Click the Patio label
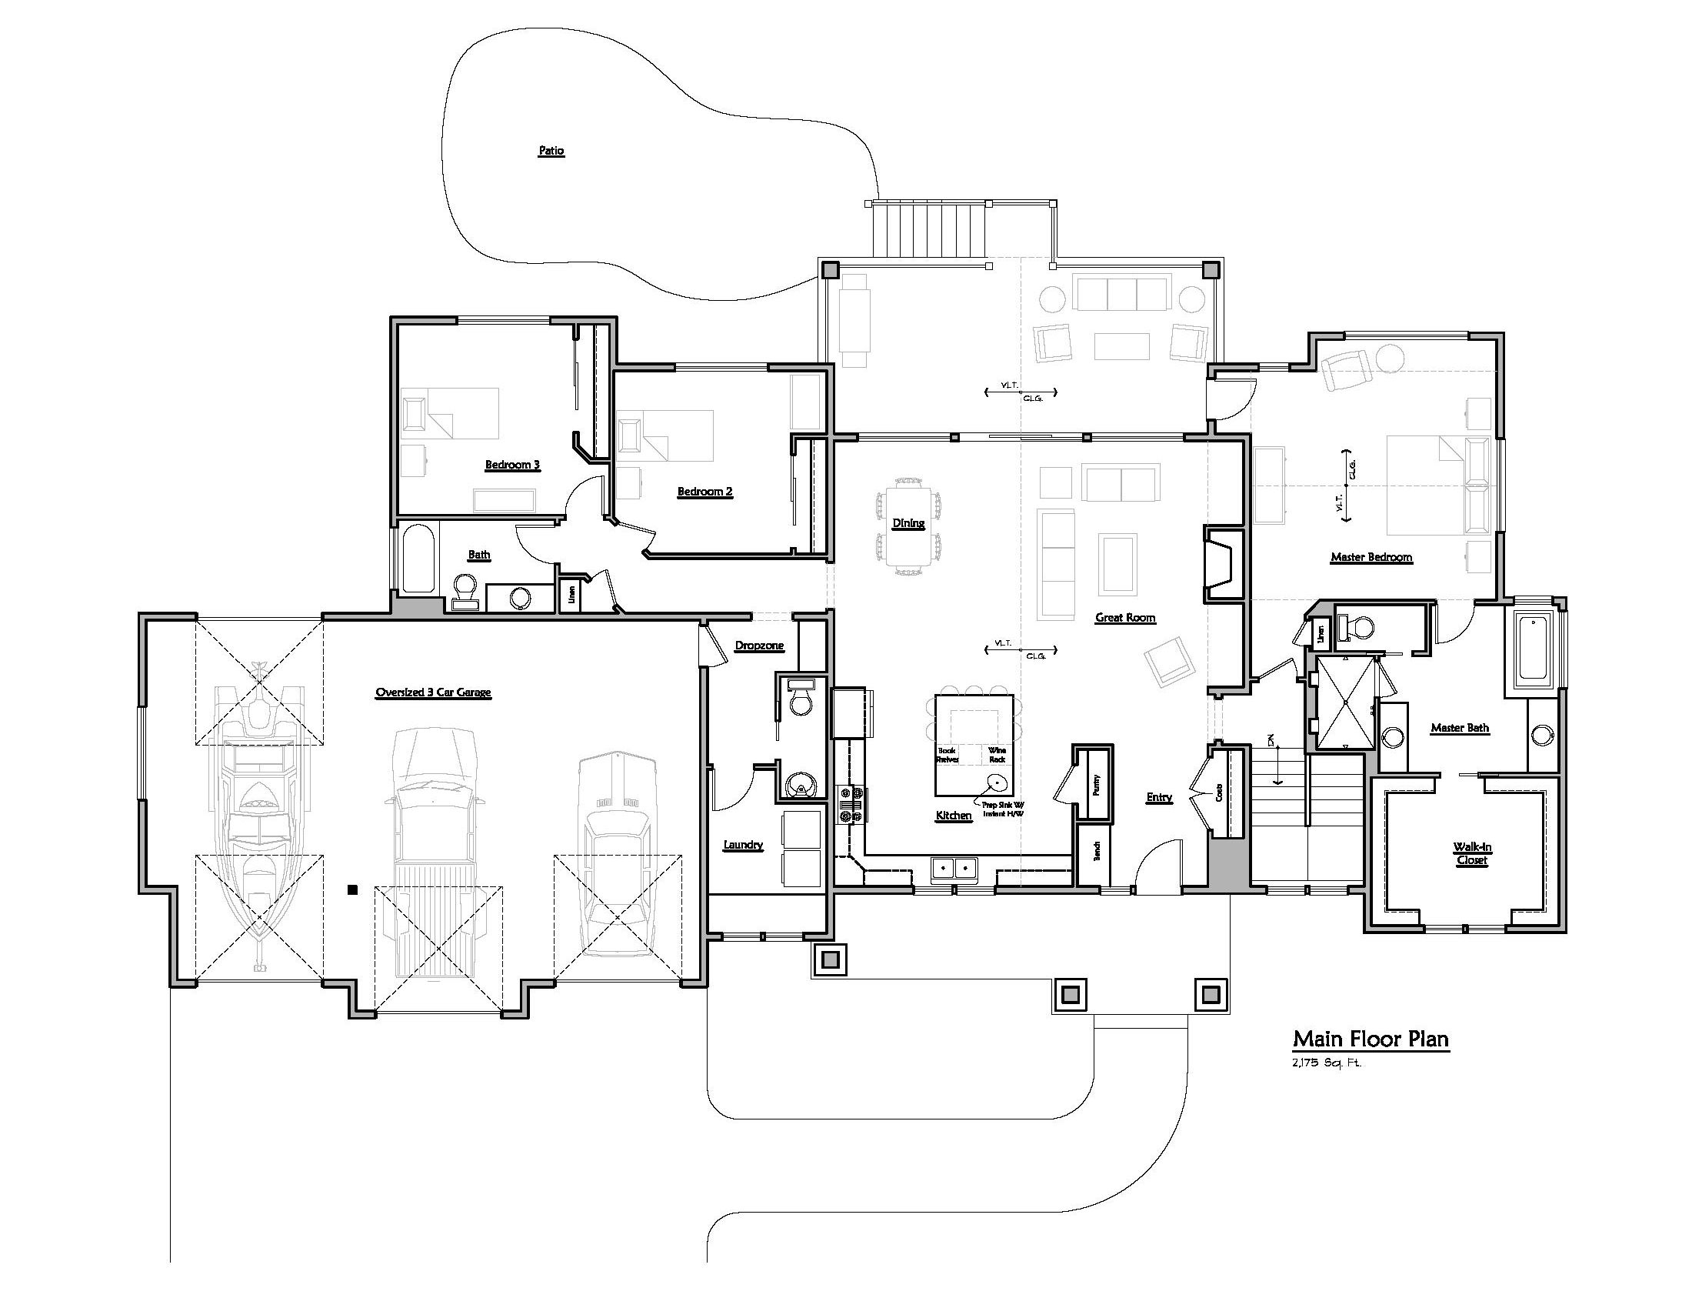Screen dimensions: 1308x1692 [551, 150]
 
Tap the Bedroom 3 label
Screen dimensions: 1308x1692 [512, 465]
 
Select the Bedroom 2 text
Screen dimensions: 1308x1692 [704, 492]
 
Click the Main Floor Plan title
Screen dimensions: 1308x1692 [1370, 1039]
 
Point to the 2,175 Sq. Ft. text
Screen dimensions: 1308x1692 [1326, 1063]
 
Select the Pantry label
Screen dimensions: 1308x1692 [1095, 785]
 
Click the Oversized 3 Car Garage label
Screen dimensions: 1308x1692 [432, 692]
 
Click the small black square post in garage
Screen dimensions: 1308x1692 [352, 890]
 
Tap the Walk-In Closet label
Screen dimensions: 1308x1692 [1471, 853]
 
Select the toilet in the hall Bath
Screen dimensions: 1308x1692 [465, 589]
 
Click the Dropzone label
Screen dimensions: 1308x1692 [758, 646]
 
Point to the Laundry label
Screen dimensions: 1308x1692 [742, 845]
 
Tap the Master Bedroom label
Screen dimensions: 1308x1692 [1371, 556]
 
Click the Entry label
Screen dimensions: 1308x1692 [1158, 797]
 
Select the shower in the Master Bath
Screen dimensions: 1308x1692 [1346, 701]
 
